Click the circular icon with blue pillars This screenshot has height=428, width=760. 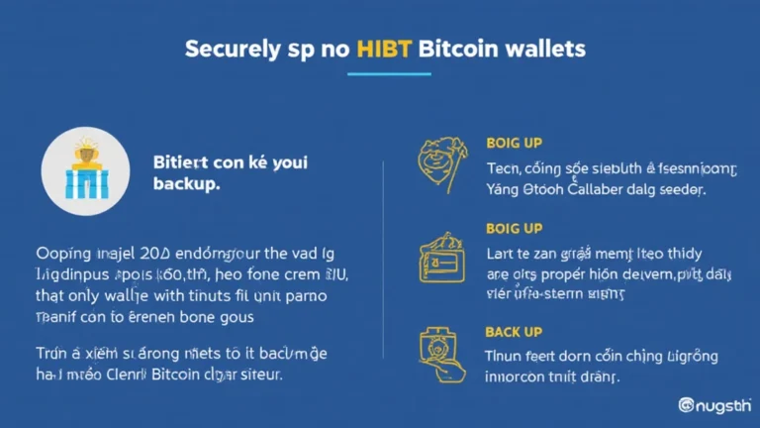click(85, 170)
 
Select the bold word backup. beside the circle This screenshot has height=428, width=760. click(187, 185)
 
